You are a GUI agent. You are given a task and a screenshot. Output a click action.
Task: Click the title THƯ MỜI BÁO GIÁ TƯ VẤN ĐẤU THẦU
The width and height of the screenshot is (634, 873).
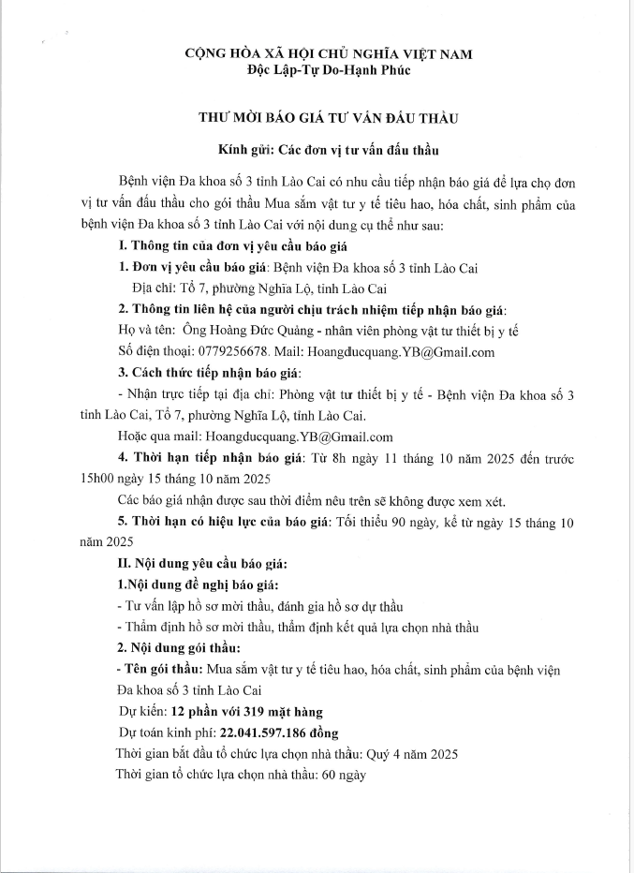click(316, 119)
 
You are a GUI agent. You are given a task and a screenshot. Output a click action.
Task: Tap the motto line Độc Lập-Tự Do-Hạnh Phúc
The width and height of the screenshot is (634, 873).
click(316, 68)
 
